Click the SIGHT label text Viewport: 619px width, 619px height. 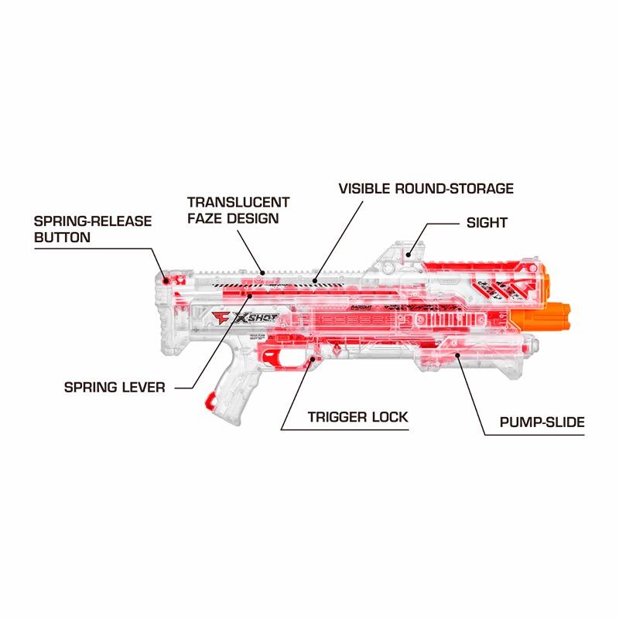coord(487,223)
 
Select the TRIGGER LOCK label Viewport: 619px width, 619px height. coord(358,417)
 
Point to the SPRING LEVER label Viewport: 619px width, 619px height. coord(115,386)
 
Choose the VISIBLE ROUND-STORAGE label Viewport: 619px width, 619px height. coord(425,188)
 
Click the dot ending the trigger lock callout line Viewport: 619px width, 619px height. coord(313,359)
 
